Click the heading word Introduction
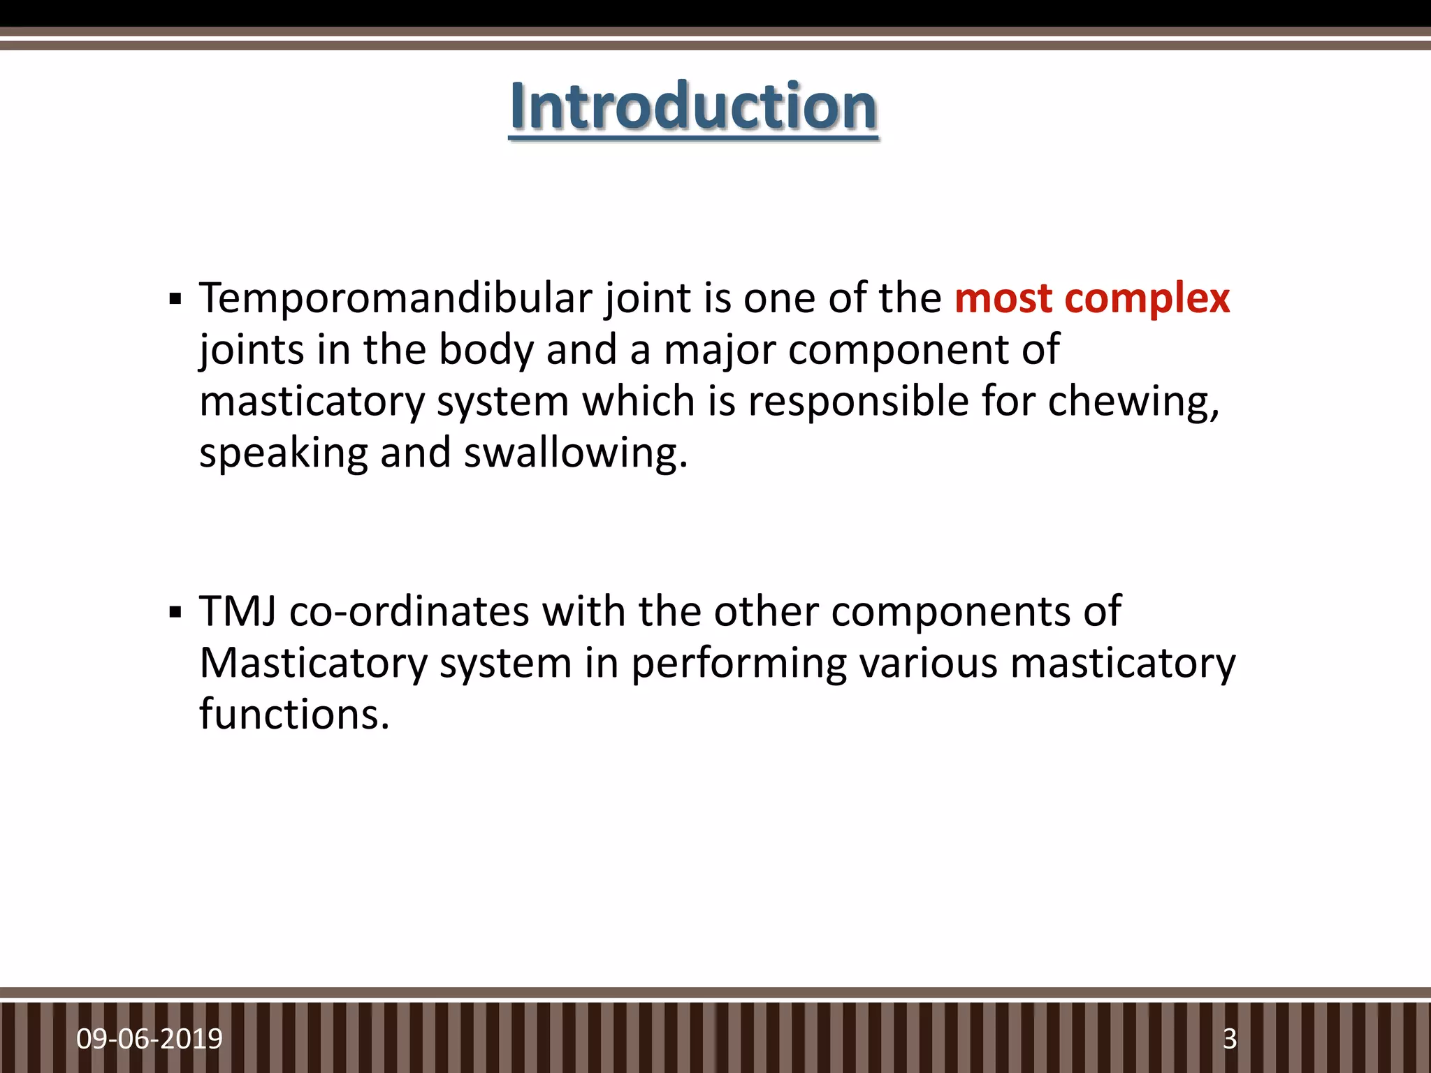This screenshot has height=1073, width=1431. click(x=693, y=106)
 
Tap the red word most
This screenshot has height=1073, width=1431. click(x=1003, y=298)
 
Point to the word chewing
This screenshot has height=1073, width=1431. click(x=1133, y=402)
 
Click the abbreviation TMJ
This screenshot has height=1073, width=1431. click(x=238, y=611)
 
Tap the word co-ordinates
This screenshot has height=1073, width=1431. click(x=409, y=611)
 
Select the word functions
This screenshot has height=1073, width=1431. click(x=294, y=714)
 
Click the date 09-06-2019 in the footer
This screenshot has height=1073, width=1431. click(x=150, y=1039)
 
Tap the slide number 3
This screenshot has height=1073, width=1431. click(x=1230, y=1039)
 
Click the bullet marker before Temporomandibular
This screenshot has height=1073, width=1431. click(x=175, y=301)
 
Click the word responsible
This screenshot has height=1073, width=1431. click(x=858, y=402)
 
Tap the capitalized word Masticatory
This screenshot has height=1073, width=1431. click(x=313, y=664)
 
